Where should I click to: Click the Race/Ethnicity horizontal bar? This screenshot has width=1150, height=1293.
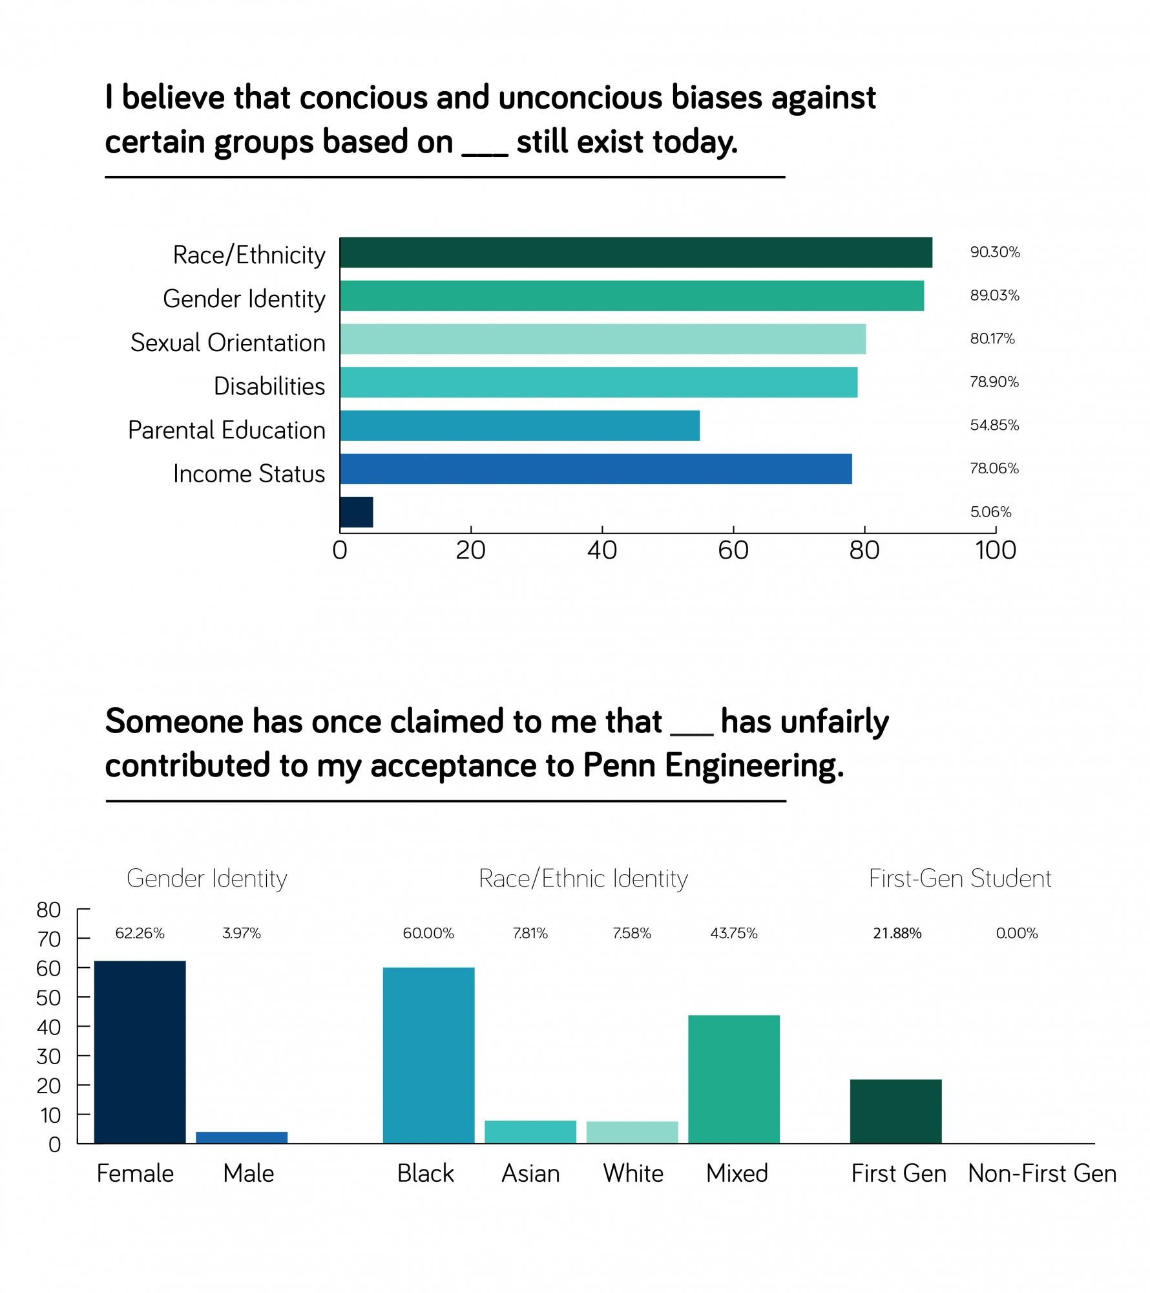click(636, 252)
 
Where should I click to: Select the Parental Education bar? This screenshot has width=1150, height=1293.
click(519, 425)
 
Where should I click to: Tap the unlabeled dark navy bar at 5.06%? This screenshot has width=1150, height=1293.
click(356, 512)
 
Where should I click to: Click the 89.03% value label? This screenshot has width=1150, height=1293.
click(994, 295)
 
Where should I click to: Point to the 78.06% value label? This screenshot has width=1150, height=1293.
click(994, 468)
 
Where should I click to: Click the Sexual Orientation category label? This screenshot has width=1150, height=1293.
click(228, 343)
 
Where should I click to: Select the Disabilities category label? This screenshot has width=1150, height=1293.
click(269, 386)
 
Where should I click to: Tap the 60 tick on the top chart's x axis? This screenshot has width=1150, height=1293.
click(733, 550)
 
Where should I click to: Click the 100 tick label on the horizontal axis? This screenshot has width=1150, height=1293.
click(995, 550)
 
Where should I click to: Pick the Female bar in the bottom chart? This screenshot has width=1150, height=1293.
click(140, 1052)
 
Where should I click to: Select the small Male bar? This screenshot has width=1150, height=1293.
click(242, 1137)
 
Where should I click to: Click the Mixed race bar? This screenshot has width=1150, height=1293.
click(733, 1079)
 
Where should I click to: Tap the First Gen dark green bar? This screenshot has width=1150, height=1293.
click(895, 1111)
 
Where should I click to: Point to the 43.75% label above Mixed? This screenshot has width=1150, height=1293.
click(733, 934)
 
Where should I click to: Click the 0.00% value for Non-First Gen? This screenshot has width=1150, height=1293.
click(1016, 934)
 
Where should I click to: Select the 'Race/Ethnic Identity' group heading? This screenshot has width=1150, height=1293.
click(583, 879)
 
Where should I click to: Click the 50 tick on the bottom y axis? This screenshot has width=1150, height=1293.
click(48, 998)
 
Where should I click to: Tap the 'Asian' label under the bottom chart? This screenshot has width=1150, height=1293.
click(530, 1173)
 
